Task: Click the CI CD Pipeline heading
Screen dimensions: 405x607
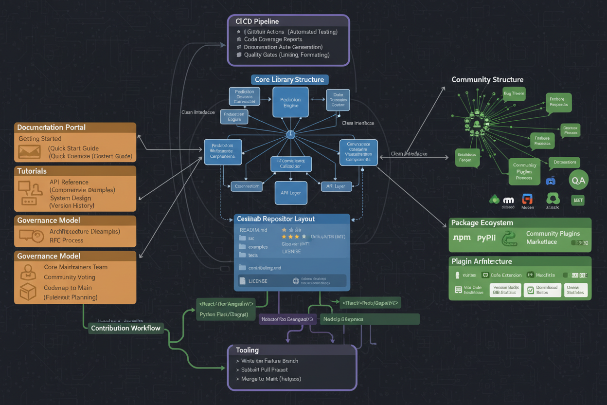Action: click(258, 21)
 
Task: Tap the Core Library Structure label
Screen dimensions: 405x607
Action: click(290, 79)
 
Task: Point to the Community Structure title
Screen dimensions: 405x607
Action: click(487, 79)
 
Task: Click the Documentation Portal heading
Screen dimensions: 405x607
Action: click(52, 128)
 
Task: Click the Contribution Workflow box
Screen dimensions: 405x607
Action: click(125, 328)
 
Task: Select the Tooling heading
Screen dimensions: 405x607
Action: click(247, 350)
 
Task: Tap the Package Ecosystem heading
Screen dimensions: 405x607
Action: click(482, 223)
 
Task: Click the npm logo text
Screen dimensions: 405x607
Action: click(461, 238)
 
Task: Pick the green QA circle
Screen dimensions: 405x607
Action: click(578, 180)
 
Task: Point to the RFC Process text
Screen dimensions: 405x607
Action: click(66, 240)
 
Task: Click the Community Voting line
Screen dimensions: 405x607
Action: click(69, 277)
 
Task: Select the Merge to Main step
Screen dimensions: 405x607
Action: click(271, 379)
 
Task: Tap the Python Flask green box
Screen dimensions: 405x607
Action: click(224, 314)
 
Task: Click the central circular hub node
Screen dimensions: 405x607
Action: click(291, 134)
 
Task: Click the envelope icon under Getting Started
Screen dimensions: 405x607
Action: click(29, 152)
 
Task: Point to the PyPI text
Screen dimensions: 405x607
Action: click(486, 239)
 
